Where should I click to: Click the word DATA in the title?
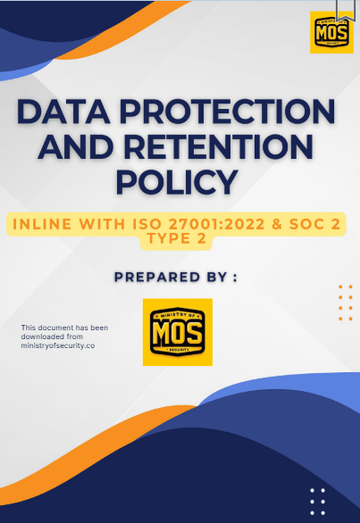(x=63, y=112)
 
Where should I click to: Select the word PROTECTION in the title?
(x=228, y=112)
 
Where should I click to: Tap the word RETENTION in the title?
(x=219, y=147)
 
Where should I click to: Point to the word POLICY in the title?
(x=177, y=182)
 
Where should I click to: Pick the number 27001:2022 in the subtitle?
(x=216, y=224)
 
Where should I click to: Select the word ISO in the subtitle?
(x=147, y=224)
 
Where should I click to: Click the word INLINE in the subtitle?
(x=42, y=224)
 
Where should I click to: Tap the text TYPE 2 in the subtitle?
(x=177, y=238)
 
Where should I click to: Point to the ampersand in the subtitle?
(x=277, y=224)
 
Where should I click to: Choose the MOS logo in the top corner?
(x=331, y=32)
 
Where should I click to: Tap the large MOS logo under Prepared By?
(x=178, y=332)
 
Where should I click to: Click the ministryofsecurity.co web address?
(x=58, y=346)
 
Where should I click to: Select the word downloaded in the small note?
(x=42, y=336)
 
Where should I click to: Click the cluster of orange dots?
(x=346, y=303)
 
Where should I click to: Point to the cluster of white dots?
(x=317, y=502)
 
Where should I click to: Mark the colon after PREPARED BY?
(x=235, y=278)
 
